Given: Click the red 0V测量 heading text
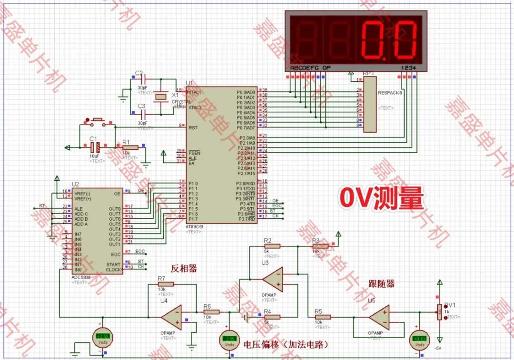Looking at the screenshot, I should [x=381, y=198].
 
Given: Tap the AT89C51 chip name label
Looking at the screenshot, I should [x=195, y=226].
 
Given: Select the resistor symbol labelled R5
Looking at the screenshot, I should [x=323, y=317].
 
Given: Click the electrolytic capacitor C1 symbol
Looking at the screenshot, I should [x=94, y=147].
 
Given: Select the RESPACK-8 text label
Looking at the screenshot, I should [x=390, y=93].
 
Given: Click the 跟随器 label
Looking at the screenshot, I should [x=381, y=284].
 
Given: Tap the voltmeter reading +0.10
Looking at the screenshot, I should [x=419, y=339].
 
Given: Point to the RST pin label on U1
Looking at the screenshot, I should [x=193, y=127].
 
